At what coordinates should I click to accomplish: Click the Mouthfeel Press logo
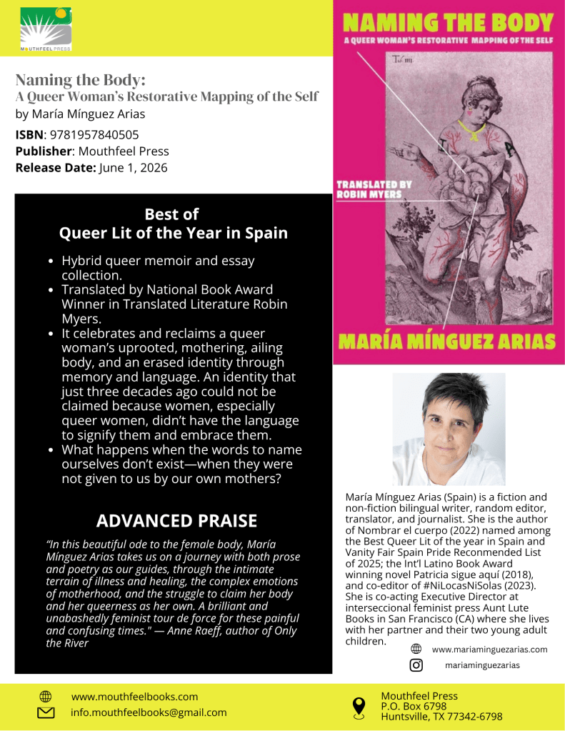(x=46, y=29)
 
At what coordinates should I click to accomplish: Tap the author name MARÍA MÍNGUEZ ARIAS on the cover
(x=448, y=341)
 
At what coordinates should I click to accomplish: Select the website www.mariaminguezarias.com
(x=489, y=650)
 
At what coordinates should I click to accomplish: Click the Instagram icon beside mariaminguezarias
(x=416, y=665)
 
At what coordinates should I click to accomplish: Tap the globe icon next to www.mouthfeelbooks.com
(x=45, y=696)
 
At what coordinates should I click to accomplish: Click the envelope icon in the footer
(x=45, y=712)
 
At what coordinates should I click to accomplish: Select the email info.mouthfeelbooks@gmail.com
(x=149, y=712)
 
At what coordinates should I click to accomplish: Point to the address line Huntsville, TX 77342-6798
(x=441, y=717)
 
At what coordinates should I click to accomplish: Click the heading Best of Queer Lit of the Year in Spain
(x=173, y=224)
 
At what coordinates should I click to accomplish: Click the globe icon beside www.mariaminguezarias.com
(x=416, y=650)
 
